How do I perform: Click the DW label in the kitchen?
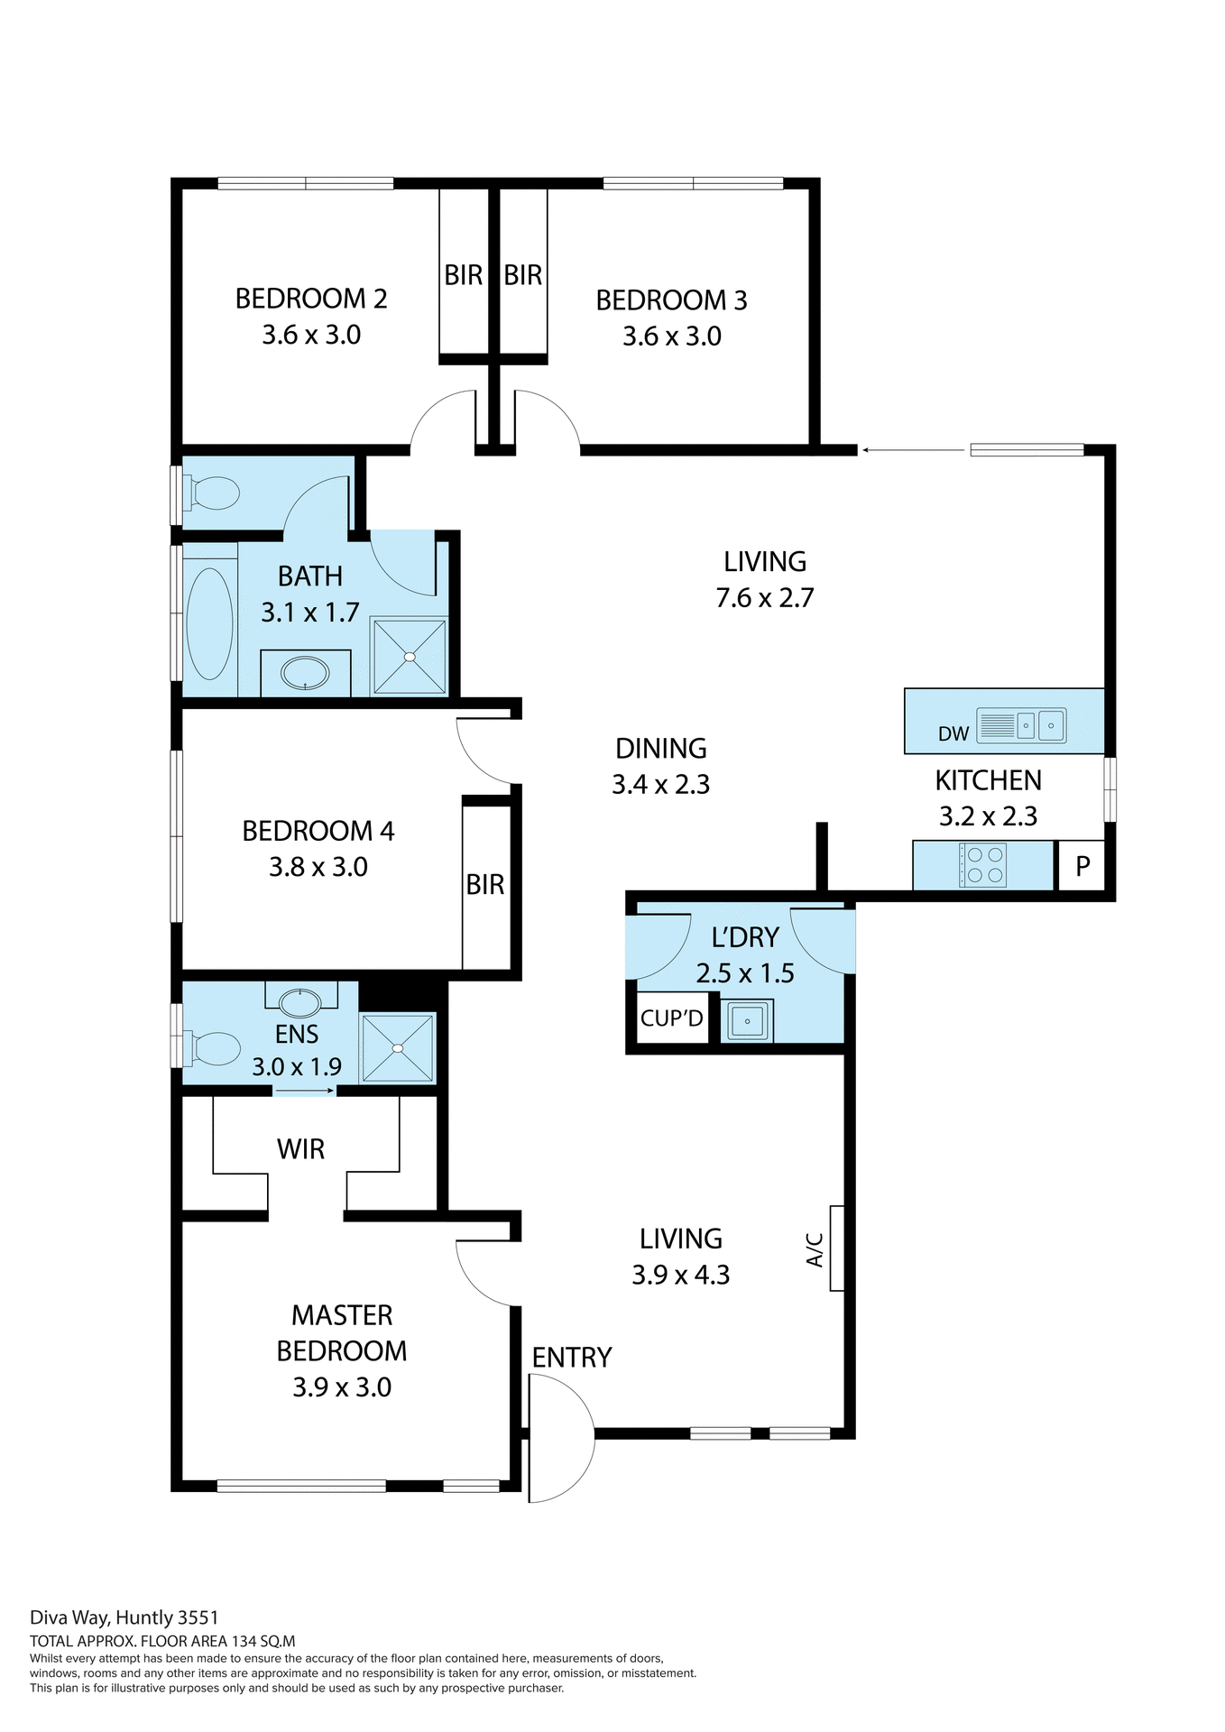953,733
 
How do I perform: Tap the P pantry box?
1082,866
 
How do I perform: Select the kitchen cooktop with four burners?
983,864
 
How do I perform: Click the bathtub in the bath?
209,623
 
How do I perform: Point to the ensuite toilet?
213,1049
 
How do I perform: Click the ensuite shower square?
398,1047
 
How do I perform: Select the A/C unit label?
815,1249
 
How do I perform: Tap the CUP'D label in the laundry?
671,1018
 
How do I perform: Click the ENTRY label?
571,1357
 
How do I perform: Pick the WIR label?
300,1149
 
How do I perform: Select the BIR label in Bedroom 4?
484,885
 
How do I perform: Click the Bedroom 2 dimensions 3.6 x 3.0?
311,336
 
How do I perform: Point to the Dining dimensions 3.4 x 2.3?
660,785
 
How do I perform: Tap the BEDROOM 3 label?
671,300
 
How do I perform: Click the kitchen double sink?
1038,725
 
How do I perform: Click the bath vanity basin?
305,673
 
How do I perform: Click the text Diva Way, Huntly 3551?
124,1618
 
